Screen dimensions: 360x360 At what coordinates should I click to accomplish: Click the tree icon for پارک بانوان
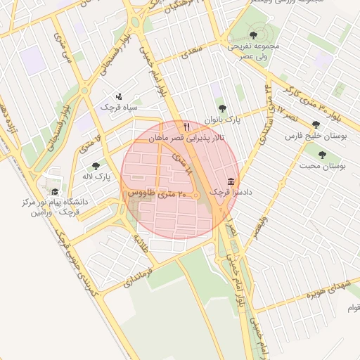[x=222, y=108]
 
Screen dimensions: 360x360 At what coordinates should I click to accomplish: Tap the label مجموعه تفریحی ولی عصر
[x=253, y=51]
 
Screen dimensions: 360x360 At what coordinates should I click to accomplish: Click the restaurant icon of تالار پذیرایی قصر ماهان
[x=186, y=127]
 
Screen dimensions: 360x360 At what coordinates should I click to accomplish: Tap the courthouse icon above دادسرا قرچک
[x=231, y=181]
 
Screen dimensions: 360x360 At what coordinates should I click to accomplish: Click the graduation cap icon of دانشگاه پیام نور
[x=54, y=191]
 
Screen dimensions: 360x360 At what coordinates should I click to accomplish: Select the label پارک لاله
[x=97, y=176]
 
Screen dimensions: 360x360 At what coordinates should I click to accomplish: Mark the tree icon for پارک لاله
[x=96, y=165]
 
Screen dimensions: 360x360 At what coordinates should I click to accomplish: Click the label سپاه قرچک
[x=115, y=107]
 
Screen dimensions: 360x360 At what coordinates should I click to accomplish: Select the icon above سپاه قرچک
[x=118, y=96]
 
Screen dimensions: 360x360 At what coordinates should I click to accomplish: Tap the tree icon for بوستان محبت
[x=322, y=155]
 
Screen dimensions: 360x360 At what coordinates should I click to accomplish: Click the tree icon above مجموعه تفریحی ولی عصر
[x=253, y=34]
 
